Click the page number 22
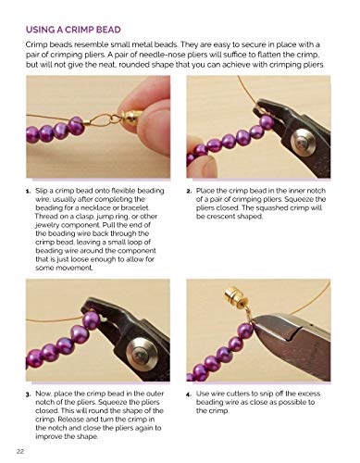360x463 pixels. pyautogui.click(x=21, y=450)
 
